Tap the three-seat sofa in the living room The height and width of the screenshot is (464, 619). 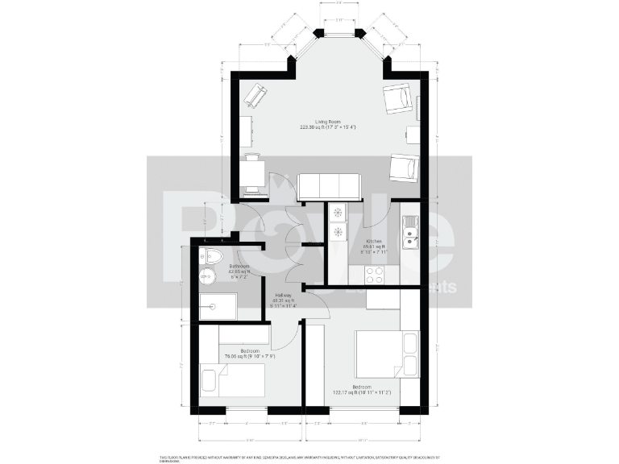click(331, 187)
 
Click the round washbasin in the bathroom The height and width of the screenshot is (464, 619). click(207, 277)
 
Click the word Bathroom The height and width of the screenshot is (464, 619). click(239, 266)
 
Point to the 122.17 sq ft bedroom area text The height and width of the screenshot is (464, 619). click(361, 392)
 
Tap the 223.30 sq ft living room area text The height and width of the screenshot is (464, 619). click(327, 127)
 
